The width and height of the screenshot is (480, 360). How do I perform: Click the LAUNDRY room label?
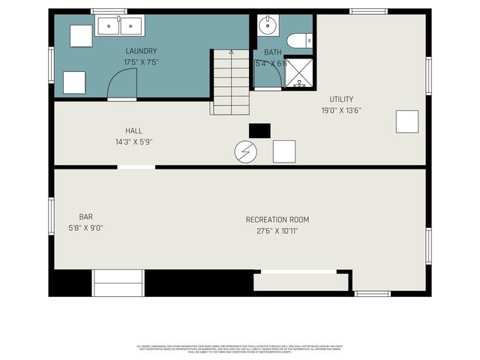[x=141, y=51]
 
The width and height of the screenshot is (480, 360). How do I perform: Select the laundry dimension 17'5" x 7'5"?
[x=141, y=61]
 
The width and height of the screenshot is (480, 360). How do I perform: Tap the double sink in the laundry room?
[x=120, y=26]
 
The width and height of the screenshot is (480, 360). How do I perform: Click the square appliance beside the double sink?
[x=81, y=35]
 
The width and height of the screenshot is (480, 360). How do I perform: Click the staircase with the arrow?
[x=230, y=82]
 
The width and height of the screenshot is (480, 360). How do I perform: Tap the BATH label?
[x=272, y=52]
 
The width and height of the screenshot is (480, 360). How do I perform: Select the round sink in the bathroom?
[x=267, y=26]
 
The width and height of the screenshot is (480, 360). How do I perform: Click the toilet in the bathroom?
[x=300, y=40]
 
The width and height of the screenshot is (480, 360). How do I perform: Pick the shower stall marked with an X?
[x=299, y=73]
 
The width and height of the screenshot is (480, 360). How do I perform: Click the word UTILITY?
[x=341, y=99]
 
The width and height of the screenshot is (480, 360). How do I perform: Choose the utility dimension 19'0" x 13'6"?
[x=341, y=110]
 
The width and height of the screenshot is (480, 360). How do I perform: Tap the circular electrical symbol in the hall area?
[x=245, y=152]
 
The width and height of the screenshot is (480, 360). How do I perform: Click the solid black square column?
[x=259, y=130]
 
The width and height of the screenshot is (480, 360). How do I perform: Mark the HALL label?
[x=133, y=130]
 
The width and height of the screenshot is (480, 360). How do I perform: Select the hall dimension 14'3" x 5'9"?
[x=133, y=142]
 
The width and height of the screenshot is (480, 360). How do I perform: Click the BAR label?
[x=85, y=217]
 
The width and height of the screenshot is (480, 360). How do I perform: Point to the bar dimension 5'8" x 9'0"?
[x=85, y=228]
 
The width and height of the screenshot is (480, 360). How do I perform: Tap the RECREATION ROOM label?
[x=277, y=220]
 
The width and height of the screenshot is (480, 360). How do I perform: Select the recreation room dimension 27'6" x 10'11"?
[x=277, y=231]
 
